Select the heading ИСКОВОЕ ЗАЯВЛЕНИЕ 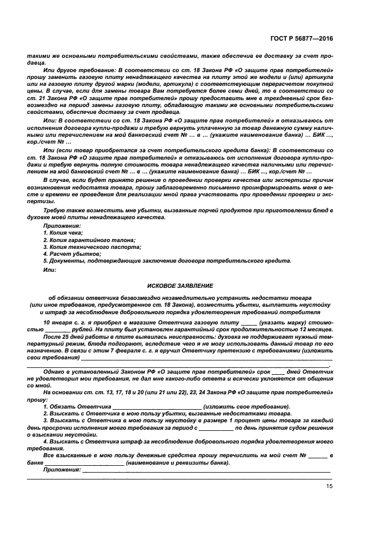(x=180, y=285)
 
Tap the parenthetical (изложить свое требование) (x=247, y=406)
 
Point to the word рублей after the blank (x=82, y=330)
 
